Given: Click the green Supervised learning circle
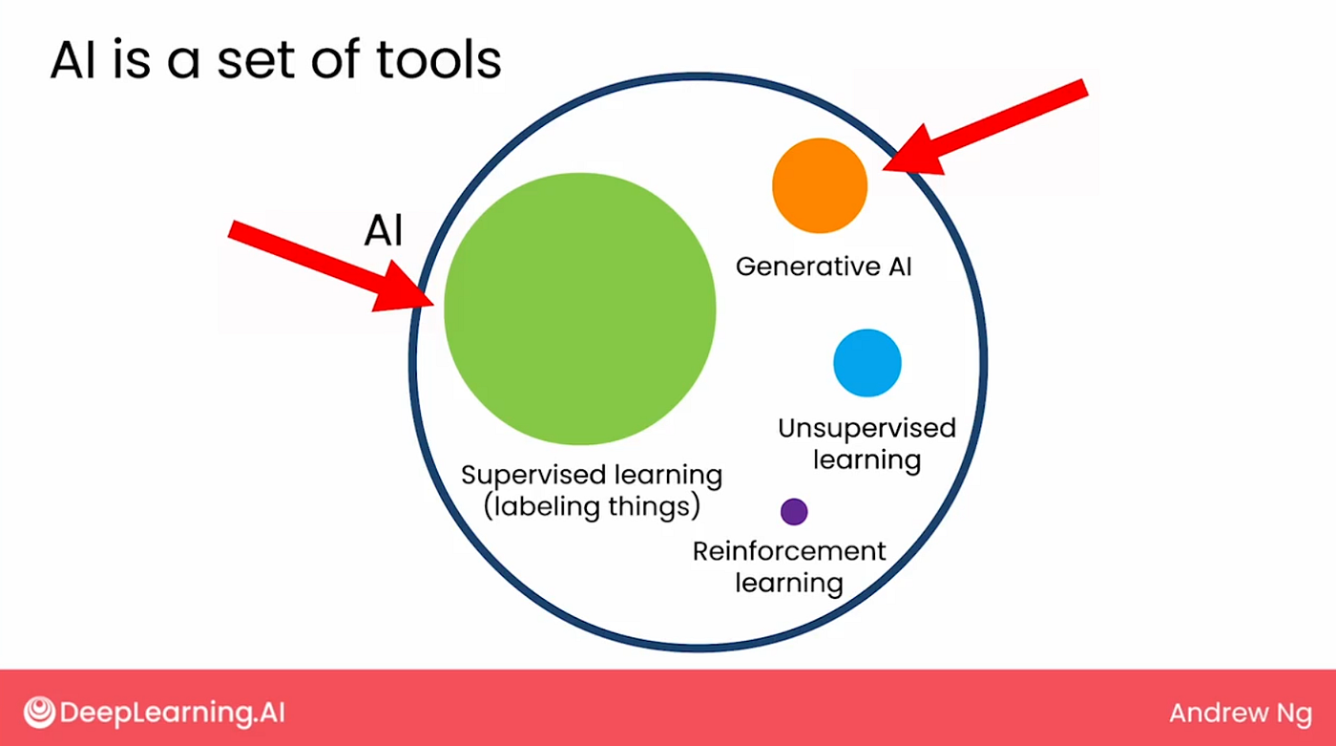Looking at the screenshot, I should [x=580, y=308].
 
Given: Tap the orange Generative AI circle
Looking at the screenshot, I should [x=820, y=186].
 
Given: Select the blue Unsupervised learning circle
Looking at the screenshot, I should [x=866, y=362].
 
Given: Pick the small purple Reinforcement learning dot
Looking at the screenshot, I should [x=794, y=512].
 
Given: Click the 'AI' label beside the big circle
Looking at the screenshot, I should [x=384, y=231].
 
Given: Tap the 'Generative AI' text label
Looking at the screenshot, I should [x=824, y=266].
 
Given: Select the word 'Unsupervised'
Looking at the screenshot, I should [x=866, y=428].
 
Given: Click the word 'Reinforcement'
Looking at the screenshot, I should [x=789, y=551].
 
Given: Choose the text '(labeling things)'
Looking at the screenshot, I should [x=592, y=505].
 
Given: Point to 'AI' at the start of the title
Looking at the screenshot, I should [x=72, y=61].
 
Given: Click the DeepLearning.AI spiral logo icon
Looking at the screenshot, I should [x=39, y=712].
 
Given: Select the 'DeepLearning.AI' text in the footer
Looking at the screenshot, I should [x=173, y=713].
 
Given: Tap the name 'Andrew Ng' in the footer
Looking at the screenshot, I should [x=1240, y=713].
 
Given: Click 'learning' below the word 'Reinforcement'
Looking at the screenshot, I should [x=789, y=582].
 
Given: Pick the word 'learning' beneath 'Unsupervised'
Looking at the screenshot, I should [x=866, y=459].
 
